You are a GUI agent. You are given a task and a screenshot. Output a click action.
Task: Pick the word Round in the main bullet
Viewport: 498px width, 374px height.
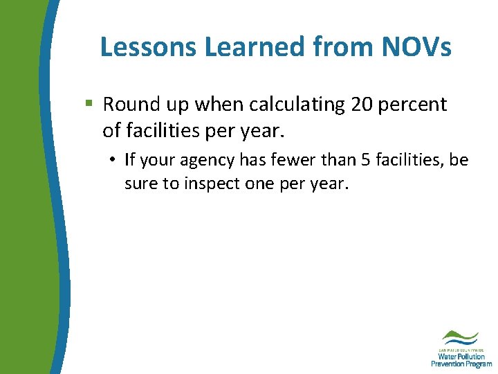(x=128, y=105)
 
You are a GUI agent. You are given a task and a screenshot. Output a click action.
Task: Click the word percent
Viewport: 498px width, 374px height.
(x=415, y=105)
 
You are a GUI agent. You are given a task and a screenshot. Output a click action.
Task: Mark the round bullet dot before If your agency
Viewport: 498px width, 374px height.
(x=111, y=161)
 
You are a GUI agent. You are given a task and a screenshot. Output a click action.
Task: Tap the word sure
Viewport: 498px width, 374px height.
(x=140, y=185)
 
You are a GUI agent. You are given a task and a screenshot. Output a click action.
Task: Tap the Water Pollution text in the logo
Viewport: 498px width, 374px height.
(x=461, y=356)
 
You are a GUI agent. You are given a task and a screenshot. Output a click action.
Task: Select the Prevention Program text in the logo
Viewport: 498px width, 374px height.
(x=461, y=364)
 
